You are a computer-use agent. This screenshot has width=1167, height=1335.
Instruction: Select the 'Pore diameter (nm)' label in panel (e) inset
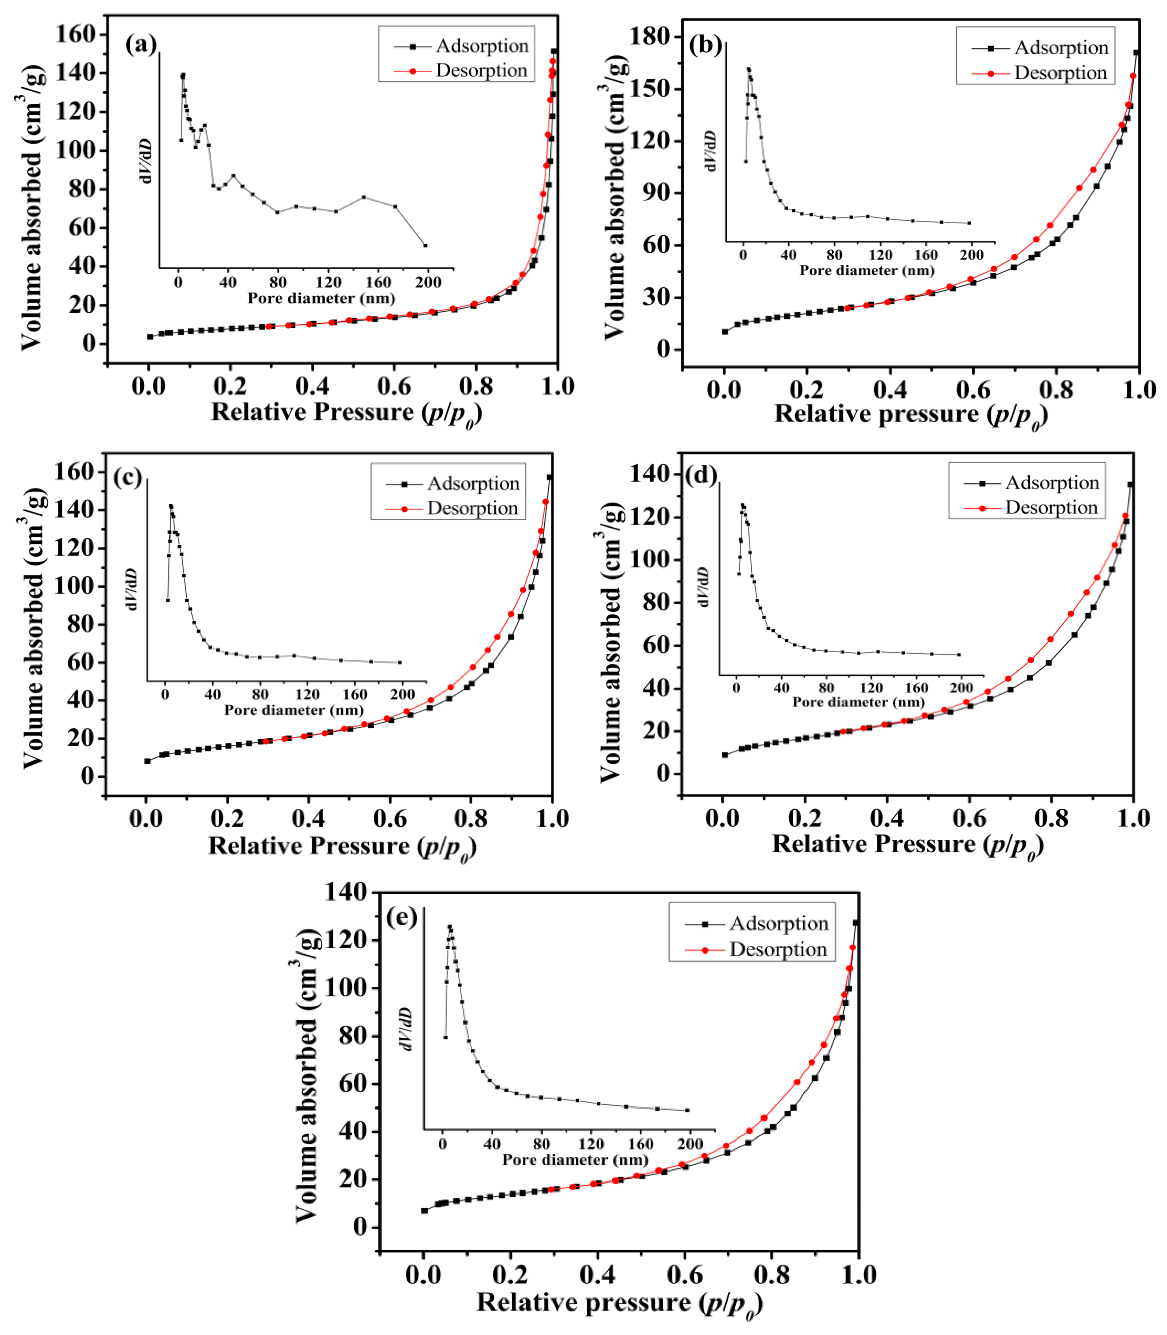576,1160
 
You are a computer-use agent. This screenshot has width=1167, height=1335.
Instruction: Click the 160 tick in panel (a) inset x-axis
378,283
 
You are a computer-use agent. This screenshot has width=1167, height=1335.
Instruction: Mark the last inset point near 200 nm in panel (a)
425,246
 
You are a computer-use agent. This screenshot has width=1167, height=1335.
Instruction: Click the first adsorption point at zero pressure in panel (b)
725,331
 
